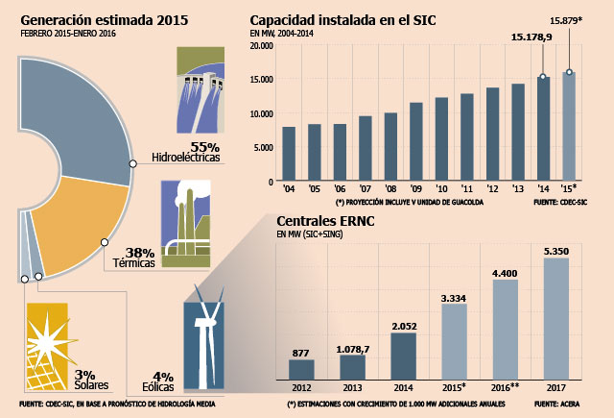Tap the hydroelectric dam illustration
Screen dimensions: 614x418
[x=201, y=89]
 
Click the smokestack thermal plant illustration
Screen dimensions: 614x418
[x=186, y=224]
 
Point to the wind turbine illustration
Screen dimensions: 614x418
[x=204, y=338]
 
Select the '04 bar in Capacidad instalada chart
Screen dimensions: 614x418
[x=289, y=154]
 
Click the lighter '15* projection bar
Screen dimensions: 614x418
[x=569, y=126]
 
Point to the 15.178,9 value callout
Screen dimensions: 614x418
[x=531, y=37]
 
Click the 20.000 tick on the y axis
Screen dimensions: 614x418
[x=261, y=46]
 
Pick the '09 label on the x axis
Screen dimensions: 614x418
[x=415, y=189]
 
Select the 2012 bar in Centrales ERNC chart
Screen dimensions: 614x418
[x=301, y=370]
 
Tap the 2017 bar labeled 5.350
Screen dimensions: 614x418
[x=556, y=319]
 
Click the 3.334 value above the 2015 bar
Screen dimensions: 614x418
[x=454, y=299]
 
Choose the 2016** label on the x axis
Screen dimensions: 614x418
[x=506, y=388]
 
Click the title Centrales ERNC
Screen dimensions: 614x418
[x=325, y=221]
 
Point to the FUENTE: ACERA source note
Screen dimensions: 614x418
[x=556, y=404]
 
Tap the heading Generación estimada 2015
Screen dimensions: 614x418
[x=105, y=20]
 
